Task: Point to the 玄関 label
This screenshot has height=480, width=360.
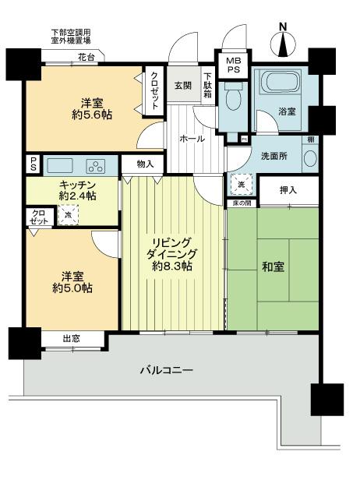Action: (182, 85)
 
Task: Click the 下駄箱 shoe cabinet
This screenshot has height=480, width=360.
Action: (208, 86)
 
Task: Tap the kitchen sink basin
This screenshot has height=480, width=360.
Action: (61, 165)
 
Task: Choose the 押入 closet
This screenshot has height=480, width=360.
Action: (288, 190)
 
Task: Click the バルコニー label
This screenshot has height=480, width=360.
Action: (168, 370)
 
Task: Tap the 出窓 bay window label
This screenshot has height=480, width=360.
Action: (71, 338)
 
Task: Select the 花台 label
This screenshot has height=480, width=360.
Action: (86, 58)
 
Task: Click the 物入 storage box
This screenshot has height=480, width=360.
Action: (144, 164)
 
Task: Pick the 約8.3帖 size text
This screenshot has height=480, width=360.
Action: (171, 266)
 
